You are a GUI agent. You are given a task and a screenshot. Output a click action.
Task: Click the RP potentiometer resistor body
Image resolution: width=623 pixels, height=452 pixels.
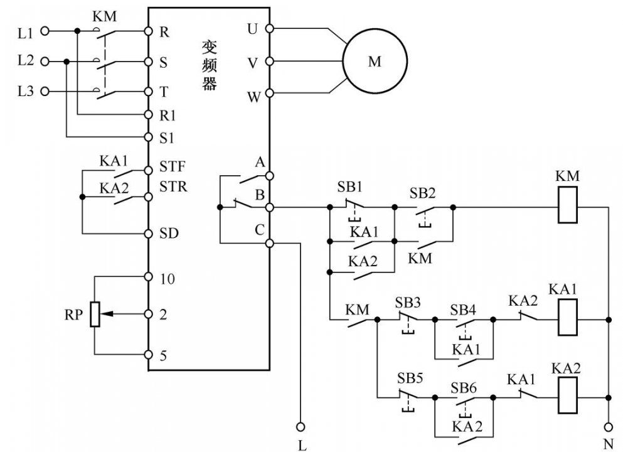pos(95,314)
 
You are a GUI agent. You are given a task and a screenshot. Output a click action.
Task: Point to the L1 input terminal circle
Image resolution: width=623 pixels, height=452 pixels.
pos(45,31)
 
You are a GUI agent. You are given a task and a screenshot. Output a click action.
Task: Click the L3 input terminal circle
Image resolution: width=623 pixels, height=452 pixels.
pos(45,92)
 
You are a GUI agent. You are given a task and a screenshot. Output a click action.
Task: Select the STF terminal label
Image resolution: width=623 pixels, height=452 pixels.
pos(173,166)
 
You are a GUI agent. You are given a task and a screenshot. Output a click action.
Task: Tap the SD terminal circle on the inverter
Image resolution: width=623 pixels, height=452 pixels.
pos(148,234)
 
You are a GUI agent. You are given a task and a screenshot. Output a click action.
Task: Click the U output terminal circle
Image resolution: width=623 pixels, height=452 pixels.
pos(269,29)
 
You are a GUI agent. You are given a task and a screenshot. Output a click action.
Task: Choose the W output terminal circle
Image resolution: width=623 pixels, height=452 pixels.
pos(269,93)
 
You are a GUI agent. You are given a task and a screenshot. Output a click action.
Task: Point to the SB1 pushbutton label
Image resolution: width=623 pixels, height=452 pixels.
pos(349,187)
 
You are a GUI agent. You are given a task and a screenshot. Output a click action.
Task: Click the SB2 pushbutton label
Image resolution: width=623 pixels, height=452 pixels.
pos(422,193)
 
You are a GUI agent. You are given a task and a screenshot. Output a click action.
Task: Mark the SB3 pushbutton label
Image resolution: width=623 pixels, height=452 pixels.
pos(408,303)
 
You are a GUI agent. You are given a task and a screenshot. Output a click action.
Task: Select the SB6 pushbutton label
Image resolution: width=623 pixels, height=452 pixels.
pos(463,387)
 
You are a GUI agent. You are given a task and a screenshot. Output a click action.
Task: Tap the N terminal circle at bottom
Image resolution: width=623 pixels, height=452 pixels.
pos(609,427)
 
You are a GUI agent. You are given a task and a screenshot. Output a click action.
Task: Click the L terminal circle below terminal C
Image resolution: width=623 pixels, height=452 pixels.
pos(301,427)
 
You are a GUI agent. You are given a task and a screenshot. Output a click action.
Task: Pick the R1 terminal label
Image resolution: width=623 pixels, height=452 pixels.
pos(168,116)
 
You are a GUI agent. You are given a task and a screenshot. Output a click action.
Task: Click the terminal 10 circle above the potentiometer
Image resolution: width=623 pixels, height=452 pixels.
pos(148,277)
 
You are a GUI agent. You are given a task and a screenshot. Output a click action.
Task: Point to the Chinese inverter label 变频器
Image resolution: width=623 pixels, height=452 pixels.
pos(210,65)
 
